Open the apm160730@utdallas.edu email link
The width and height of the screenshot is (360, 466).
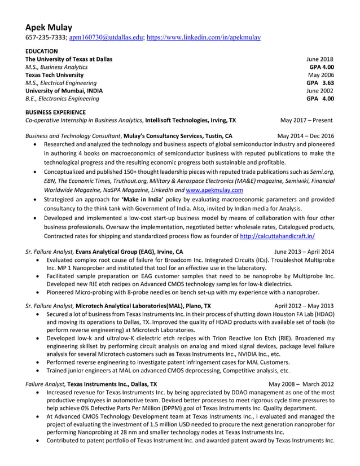(x=106, y=38)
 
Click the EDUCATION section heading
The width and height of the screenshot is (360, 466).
(x=42, y=51)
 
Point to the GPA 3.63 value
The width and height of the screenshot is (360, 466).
(x=320, y=82)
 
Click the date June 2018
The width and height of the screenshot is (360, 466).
(x=320, y=59)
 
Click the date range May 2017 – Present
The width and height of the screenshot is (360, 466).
(x=306, y=120)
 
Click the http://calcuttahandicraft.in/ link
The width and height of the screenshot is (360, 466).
(x=278, y=237)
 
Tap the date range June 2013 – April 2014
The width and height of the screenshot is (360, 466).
(x=304, y=252)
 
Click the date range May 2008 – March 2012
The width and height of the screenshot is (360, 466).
(x=301, y=384)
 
